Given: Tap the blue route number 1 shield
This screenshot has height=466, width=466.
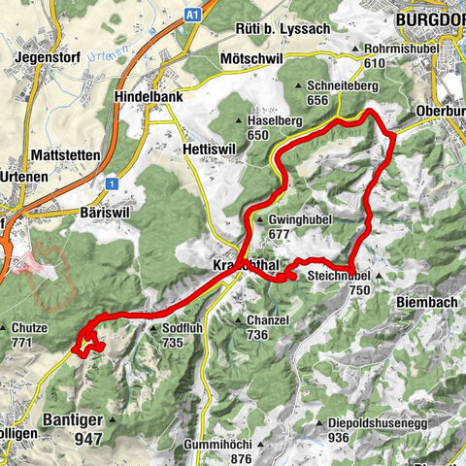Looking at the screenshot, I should tap(113, 183).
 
